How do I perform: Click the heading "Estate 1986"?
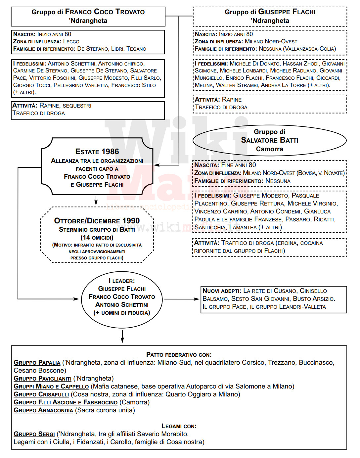[97, 152]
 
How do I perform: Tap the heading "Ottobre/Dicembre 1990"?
[97, 221]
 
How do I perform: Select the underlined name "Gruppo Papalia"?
[37, 363]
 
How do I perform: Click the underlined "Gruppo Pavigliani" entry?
[43, 379]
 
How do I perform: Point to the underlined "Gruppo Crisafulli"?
[41, 394]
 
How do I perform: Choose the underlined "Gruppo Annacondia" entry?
[43, 410]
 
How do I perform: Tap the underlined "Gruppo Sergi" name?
[34, 434]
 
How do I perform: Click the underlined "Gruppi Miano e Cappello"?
[51, 387]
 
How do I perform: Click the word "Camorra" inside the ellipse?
[269, 149]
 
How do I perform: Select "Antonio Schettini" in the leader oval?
[122, 305]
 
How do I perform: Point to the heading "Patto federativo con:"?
[179, 355]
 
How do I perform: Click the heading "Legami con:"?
[179, 426]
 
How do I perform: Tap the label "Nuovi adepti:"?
[222, 291]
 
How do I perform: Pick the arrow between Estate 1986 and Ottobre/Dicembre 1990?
[96, 201]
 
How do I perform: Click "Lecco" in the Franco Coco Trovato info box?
[71, 42]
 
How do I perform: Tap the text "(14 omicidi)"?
[97, 237]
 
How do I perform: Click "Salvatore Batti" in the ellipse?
[269, 140]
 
